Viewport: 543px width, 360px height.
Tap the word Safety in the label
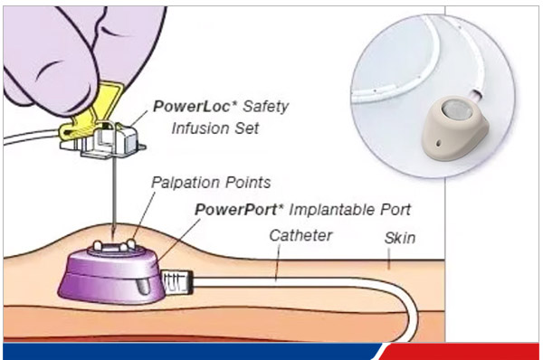(x=265, y=107)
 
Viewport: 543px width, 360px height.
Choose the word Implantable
(x=332, y=210)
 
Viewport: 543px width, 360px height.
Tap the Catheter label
(x=300, y=235)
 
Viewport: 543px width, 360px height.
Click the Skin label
(x=400, y=238)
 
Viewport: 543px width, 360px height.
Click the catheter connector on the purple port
(x=177, y=282)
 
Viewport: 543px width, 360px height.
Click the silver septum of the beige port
(x=454, y=109)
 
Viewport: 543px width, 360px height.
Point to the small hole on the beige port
(x=439, y=143)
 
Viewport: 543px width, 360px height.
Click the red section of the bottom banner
(x=461, y=352)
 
